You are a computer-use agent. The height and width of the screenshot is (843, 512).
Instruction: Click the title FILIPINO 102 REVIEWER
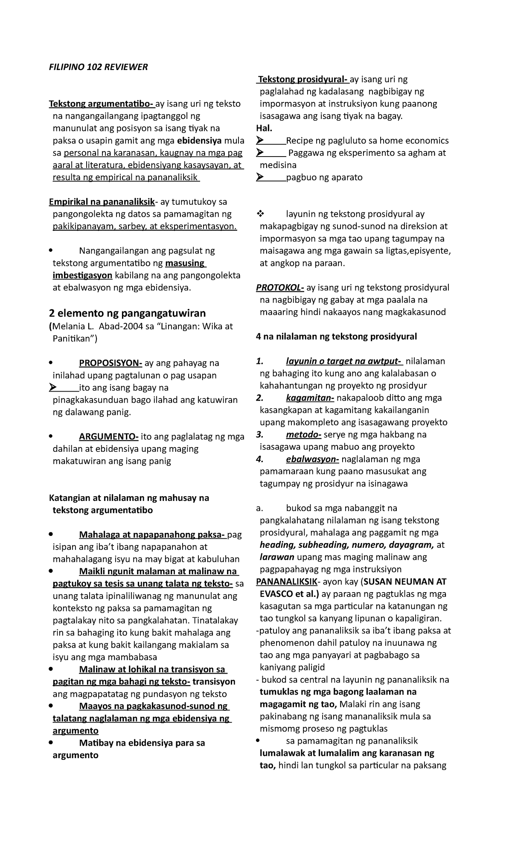tap(99, 67)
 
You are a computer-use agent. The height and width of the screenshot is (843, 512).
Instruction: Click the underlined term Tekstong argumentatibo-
tap(102, 104)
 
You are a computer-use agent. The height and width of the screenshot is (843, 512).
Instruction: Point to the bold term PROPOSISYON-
tap(110, 363)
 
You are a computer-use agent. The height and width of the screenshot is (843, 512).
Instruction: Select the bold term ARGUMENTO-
tap(108, 437)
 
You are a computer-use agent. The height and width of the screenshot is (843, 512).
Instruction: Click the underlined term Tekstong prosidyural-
tap(303, 79)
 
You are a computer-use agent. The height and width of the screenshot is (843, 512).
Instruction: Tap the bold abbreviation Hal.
tap(264, 128)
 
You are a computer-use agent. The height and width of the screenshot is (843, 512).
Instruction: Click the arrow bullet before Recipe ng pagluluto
tap(260, 141)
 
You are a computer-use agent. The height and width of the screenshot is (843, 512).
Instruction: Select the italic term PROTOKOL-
tap(280, 288)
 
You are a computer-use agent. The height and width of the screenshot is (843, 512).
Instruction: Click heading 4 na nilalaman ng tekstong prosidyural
tap(336, 337)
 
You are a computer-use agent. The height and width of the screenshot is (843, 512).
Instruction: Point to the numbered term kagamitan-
tap(310, 398)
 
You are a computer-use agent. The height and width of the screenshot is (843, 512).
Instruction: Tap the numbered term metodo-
tap(303, 435)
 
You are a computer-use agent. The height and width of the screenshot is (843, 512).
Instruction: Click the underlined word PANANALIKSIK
tap(287, 582)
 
